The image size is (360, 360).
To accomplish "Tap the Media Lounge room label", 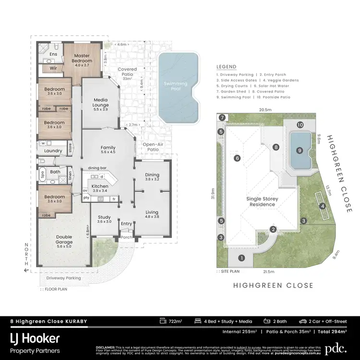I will [x=100, y=102].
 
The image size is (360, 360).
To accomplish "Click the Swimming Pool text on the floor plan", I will [x=176, y=86].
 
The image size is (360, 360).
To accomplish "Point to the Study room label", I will [x=104, y=219].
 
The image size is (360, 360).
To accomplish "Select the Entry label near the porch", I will [x=127, y=224].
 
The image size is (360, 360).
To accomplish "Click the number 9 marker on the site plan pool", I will [x=300, y=150].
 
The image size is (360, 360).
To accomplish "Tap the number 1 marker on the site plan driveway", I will [x=241, y=258].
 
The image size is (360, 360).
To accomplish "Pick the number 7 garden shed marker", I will [x=222, y=118].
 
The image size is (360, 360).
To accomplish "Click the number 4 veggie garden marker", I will [x=323, y=206].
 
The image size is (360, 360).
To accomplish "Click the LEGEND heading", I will [x=227, y=67].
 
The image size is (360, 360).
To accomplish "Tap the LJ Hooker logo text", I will [x=35, y=338].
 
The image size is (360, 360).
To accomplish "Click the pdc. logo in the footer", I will [x=335, y=348].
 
